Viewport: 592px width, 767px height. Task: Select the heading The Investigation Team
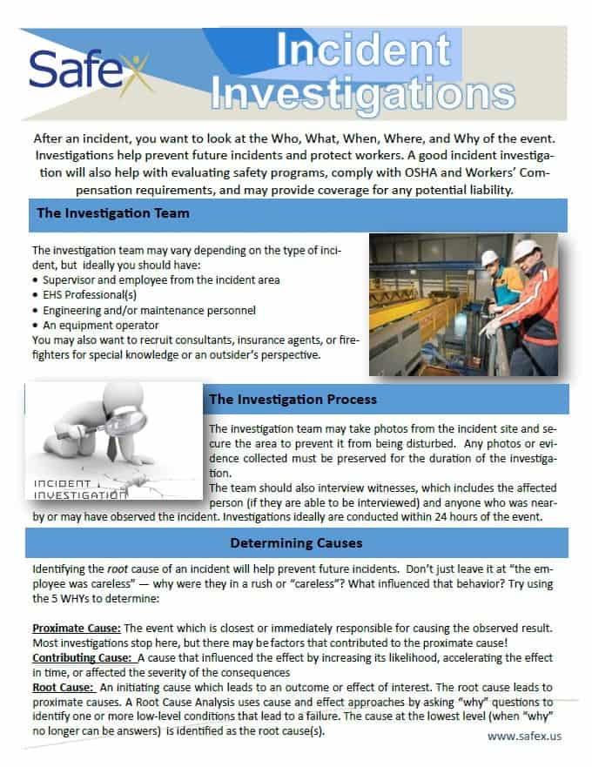(113, 213)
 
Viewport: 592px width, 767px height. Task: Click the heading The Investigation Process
(293, 400)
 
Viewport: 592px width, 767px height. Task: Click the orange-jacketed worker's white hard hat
(523, 249)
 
